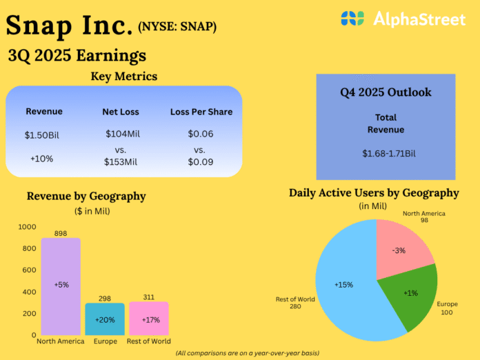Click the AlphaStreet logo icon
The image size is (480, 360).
[x=352, y=19]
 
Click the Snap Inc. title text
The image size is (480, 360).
[x=69, y=26]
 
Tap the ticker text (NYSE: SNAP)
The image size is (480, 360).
[x=177, y=28]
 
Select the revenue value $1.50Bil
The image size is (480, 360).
[x=43, y=134]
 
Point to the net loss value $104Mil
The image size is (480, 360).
[x=122, y=134]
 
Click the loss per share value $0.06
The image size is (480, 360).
[x=201, y=134]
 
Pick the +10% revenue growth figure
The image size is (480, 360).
[x=43, y=158]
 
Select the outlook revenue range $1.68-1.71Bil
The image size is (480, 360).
[x=386, y=152]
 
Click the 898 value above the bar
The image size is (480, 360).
[x=61, y=233]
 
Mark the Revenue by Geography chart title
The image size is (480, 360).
[x=86, y=196]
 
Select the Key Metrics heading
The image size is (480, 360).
[x=124, y=76]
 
